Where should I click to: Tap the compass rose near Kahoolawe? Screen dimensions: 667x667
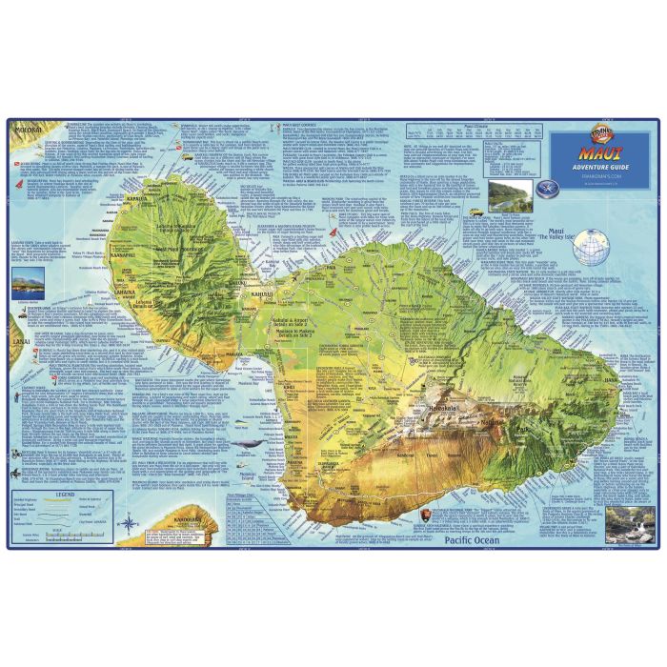tap(125, 521)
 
